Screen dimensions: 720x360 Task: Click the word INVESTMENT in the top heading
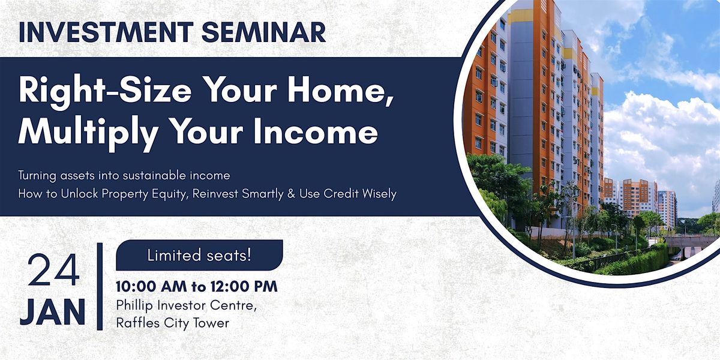106,32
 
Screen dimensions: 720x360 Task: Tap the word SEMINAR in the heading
264,32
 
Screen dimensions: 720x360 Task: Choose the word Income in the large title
316,131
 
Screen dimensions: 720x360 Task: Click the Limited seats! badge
199,255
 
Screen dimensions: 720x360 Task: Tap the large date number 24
53,270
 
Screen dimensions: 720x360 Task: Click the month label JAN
53,312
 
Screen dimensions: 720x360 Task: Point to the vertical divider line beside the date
100,286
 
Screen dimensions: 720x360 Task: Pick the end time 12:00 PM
244,286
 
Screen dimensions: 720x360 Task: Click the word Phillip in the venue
134,305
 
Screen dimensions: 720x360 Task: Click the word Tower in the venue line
211,323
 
